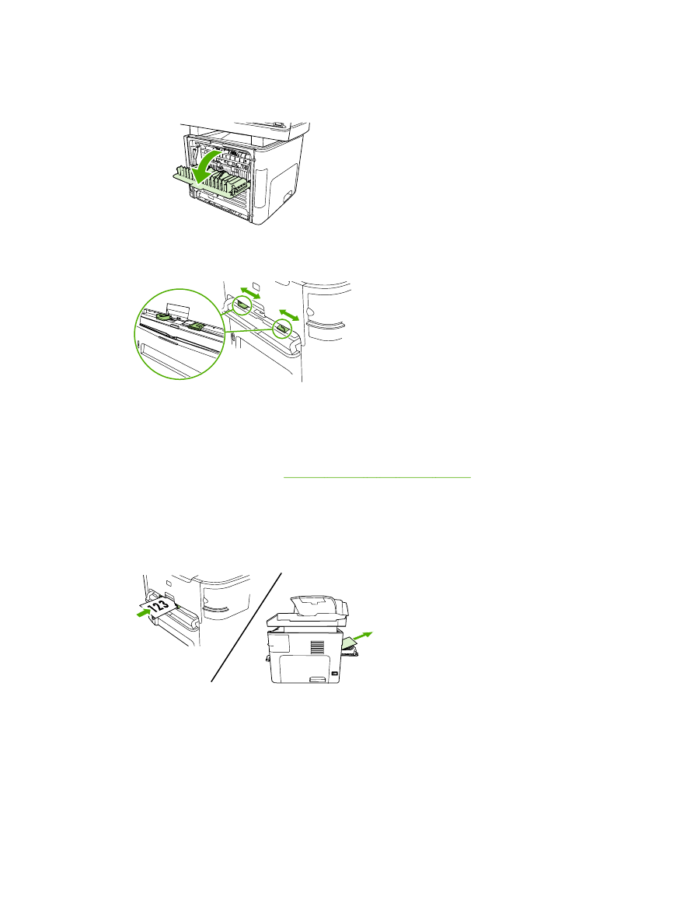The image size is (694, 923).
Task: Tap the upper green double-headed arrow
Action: click(249, 295)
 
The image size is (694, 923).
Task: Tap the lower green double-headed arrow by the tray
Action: click(290, 315)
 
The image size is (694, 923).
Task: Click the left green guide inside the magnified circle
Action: click(166, 316)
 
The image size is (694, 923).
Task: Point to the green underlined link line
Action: click(377, 477)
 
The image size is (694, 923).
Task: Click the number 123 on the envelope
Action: click(159, 606)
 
